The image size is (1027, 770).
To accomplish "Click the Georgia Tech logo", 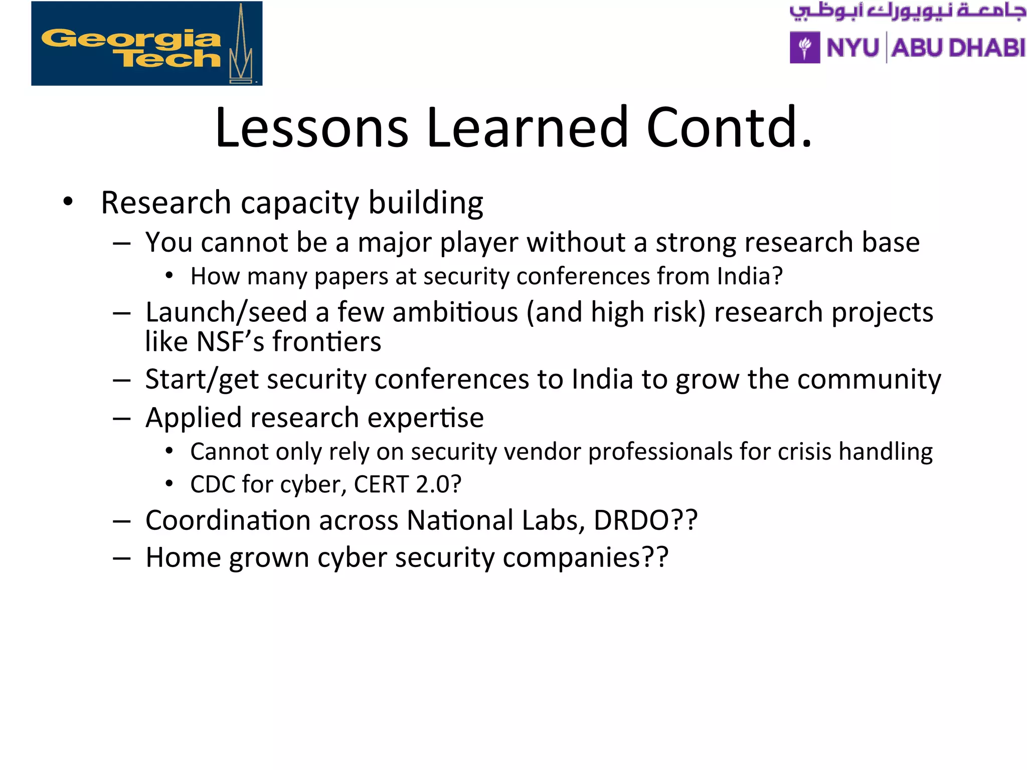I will point(146,44).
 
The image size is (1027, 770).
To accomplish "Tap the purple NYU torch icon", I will point(804,48).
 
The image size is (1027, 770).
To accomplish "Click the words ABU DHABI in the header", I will point(958,48).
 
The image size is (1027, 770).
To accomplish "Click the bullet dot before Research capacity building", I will point(68,202).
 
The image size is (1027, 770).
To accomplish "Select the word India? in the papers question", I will point(749,276).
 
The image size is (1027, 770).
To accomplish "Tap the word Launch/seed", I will point(226,312).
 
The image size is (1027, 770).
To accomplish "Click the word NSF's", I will point(230,342).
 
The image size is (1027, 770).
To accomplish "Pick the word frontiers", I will point(326,342).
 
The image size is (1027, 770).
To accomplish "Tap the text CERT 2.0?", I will point(407,484).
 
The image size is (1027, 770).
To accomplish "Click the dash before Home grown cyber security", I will point(122,557).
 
